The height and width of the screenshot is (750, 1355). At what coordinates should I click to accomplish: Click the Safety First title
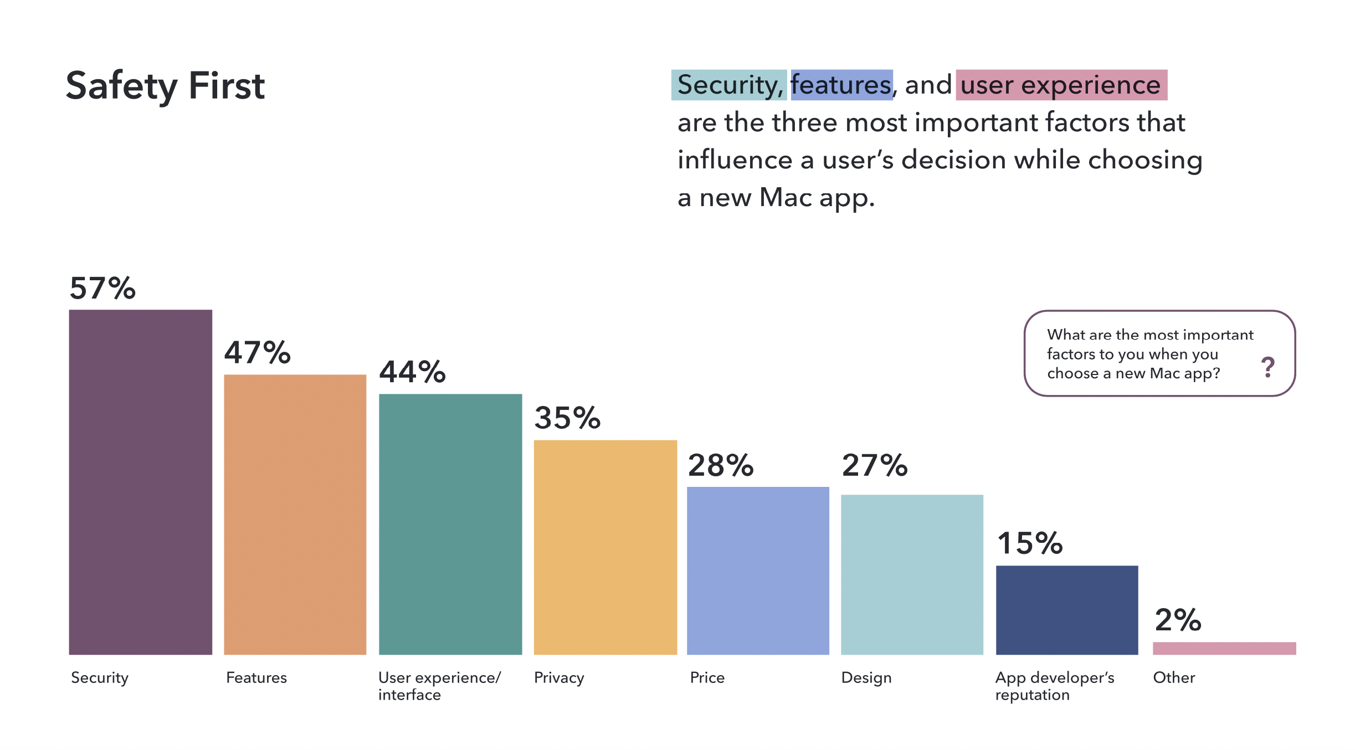click(x=165, y=86)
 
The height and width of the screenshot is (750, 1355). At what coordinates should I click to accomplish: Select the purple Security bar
click(x=140, y=482)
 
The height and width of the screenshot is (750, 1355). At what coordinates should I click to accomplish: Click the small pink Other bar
click(x=1224, y=648)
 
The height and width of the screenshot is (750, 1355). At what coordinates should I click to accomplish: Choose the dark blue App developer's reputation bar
click(x=1067, y=610)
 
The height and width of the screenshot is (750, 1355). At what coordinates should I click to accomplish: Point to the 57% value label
click(x=102, y=289)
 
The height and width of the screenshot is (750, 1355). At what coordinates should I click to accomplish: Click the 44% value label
click(x=412, y=372)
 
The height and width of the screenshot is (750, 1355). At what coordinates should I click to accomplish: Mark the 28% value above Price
click(x=721, y=465)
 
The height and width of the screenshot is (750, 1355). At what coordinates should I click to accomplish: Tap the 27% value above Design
click(x=875, y=465)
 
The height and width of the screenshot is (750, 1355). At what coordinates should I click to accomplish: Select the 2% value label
click(x=1178, y=620)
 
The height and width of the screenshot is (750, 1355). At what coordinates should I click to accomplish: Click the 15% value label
click(x=1030, y=543)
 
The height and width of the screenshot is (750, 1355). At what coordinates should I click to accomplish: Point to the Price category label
click(x=707, y=677)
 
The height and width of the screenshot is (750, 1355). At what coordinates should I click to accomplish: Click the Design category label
click(x=866, y=677)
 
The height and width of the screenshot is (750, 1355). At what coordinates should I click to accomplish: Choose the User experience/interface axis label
click(x=439, y=686)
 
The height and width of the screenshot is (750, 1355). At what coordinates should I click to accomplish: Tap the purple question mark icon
click(x=1267, y=367)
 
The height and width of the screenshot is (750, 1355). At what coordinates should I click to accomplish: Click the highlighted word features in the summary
click(x=841, y=85)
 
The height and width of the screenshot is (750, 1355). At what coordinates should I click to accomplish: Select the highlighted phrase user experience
click(x=1060, y=85)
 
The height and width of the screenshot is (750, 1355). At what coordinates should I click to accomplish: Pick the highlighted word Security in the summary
click(x=728, y=85)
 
